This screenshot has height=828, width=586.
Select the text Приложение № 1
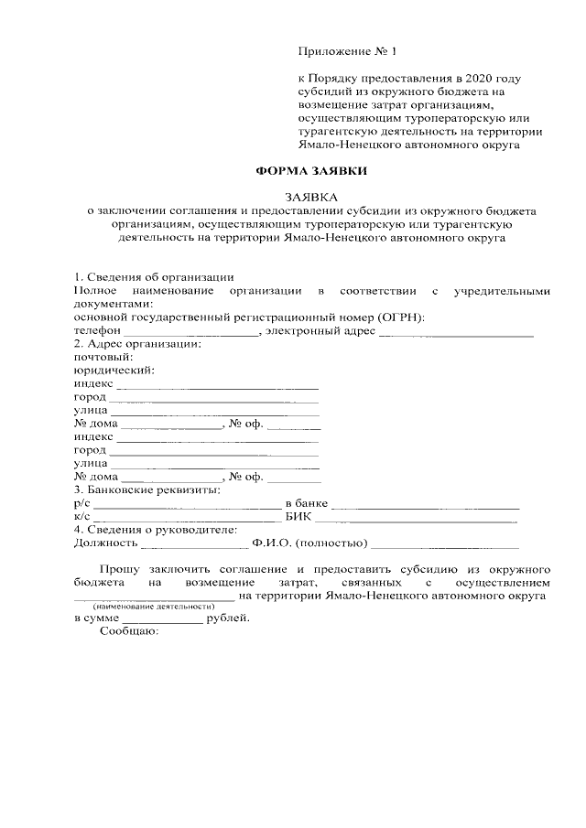pos(349,52)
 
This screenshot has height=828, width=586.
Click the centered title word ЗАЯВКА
pos(311,197)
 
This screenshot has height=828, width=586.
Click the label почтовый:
pos(101,357)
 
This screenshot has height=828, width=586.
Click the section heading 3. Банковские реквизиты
pos(146,489)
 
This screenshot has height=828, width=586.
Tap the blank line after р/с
pos(187,503)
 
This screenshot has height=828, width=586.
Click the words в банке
pos(307,503)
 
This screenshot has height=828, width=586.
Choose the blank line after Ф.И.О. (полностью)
pos(444,543)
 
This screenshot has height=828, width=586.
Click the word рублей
pos(227,618)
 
